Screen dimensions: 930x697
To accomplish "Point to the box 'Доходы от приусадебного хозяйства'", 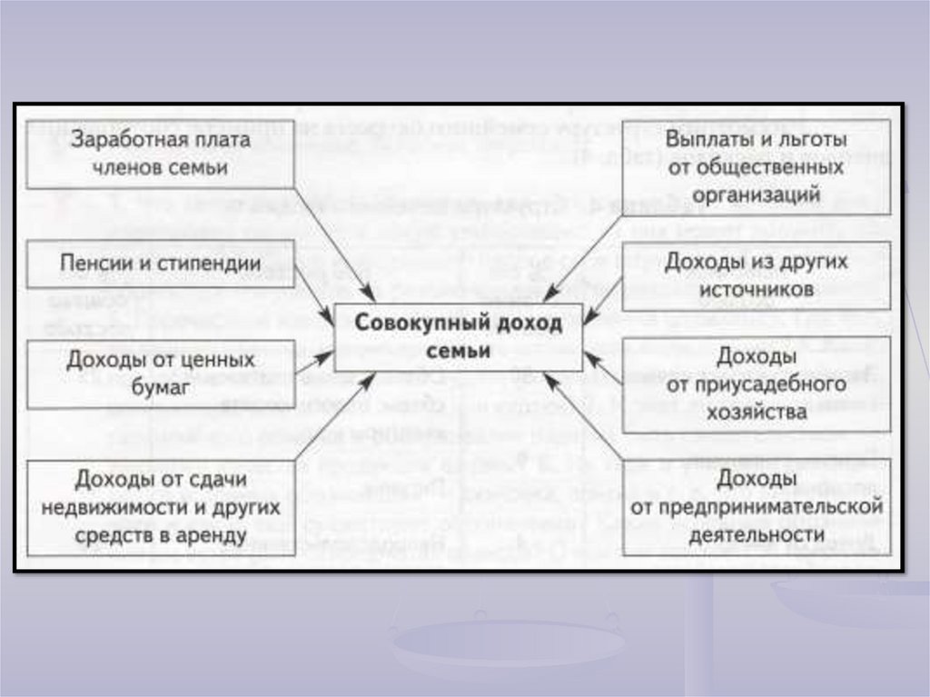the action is [x=756, y=384].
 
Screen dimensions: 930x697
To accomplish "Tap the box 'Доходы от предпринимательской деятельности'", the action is [x=756, y=507].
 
